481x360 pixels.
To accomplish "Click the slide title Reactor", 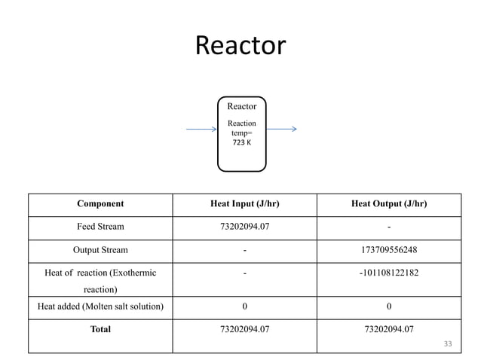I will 240,46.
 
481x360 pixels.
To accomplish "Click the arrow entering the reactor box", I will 201,129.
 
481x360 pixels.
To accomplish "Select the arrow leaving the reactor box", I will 281,129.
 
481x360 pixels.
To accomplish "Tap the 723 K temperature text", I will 241,144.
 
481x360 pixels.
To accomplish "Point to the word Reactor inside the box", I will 241,106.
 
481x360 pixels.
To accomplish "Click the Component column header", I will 100,203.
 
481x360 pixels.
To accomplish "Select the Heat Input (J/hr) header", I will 244,203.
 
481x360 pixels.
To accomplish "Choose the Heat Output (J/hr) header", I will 388,203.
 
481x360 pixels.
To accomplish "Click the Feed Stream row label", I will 100,227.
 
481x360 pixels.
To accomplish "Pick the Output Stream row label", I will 100,250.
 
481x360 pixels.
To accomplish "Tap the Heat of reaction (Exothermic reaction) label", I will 100,280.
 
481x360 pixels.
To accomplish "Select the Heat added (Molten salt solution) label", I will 100,306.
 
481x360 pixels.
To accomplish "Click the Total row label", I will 100,329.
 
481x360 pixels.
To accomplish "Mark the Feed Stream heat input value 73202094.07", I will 244,227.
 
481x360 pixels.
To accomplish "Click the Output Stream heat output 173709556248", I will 388,250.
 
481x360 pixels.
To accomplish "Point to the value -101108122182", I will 388,273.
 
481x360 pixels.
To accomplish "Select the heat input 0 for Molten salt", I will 244,306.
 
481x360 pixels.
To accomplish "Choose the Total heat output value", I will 388,329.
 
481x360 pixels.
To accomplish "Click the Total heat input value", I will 244,329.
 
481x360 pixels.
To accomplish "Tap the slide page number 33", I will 448,344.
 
